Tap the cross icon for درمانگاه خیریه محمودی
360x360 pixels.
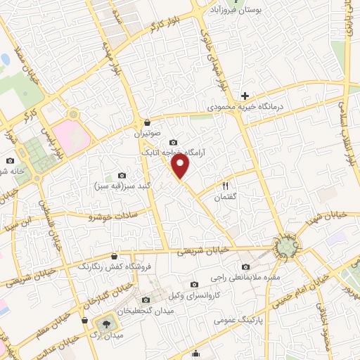pyautogui.click(x=245, y=96)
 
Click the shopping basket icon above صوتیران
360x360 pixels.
pyautogui.click(x=146, y=122)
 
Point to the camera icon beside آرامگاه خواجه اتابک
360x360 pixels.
pyautogui.click(x=174, y=143)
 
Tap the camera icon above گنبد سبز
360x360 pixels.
pyautogui.click(x=122, y=175)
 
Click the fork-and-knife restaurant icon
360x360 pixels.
pyautogui.click(x=226, y=186)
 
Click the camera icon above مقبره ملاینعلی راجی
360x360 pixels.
pyautogui.click(x=245, y=266)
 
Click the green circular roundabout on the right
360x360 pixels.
pyautogui.click(x=286, y=246)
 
